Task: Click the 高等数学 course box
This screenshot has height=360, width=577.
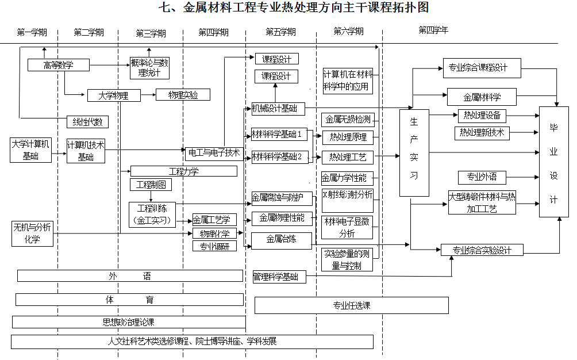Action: point(59,65)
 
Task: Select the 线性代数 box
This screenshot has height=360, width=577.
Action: point(87,121)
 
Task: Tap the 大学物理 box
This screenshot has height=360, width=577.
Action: point(114,95)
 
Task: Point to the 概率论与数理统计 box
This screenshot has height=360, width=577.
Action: point(149,68)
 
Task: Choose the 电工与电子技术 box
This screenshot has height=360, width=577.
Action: point(213,154)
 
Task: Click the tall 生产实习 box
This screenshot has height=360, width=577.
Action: point(414,152)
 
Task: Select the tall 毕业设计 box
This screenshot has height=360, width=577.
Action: point(553,162)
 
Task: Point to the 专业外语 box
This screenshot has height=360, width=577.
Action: point(482,177)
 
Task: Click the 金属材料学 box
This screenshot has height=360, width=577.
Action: point(482,96)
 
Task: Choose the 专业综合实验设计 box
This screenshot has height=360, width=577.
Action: point(482,250)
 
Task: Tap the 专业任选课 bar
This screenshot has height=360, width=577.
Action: point(351,305)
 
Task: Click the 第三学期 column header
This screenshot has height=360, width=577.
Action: point(151,33)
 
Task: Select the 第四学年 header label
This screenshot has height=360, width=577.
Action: point(433,30)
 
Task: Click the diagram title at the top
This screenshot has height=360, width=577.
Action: point(293,8)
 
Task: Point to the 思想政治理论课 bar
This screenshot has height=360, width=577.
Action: point(129,322)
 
